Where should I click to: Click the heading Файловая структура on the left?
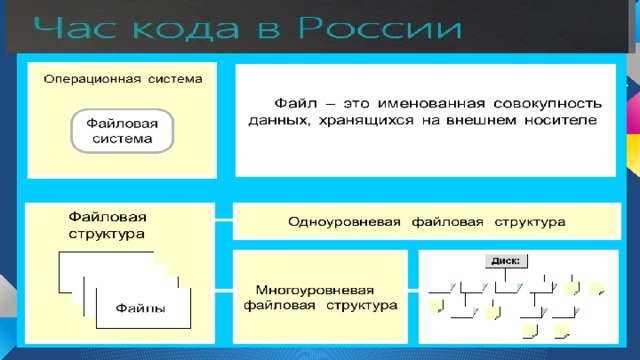pos(107,224)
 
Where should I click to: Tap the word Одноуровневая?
pos(341,220)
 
